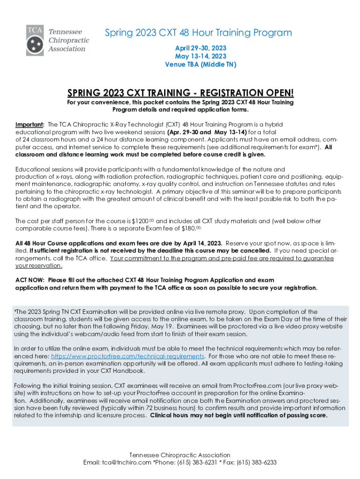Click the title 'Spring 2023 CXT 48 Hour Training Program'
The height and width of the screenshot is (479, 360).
(198, 33)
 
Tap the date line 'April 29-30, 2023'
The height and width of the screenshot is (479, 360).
(201, 48)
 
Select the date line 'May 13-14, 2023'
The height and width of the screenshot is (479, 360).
(201, 56)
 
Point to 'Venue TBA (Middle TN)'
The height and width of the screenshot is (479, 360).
(201, 65)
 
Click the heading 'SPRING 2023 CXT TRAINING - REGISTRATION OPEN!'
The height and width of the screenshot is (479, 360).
(180, 93)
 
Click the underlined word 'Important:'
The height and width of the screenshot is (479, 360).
(30, 125)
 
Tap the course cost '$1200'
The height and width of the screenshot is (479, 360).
(142, 221)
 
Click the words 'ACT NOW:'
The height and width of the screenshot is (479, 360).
(30, 280)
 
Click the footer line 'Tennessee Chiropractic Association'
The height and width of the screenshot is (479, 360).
(180, 455)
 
